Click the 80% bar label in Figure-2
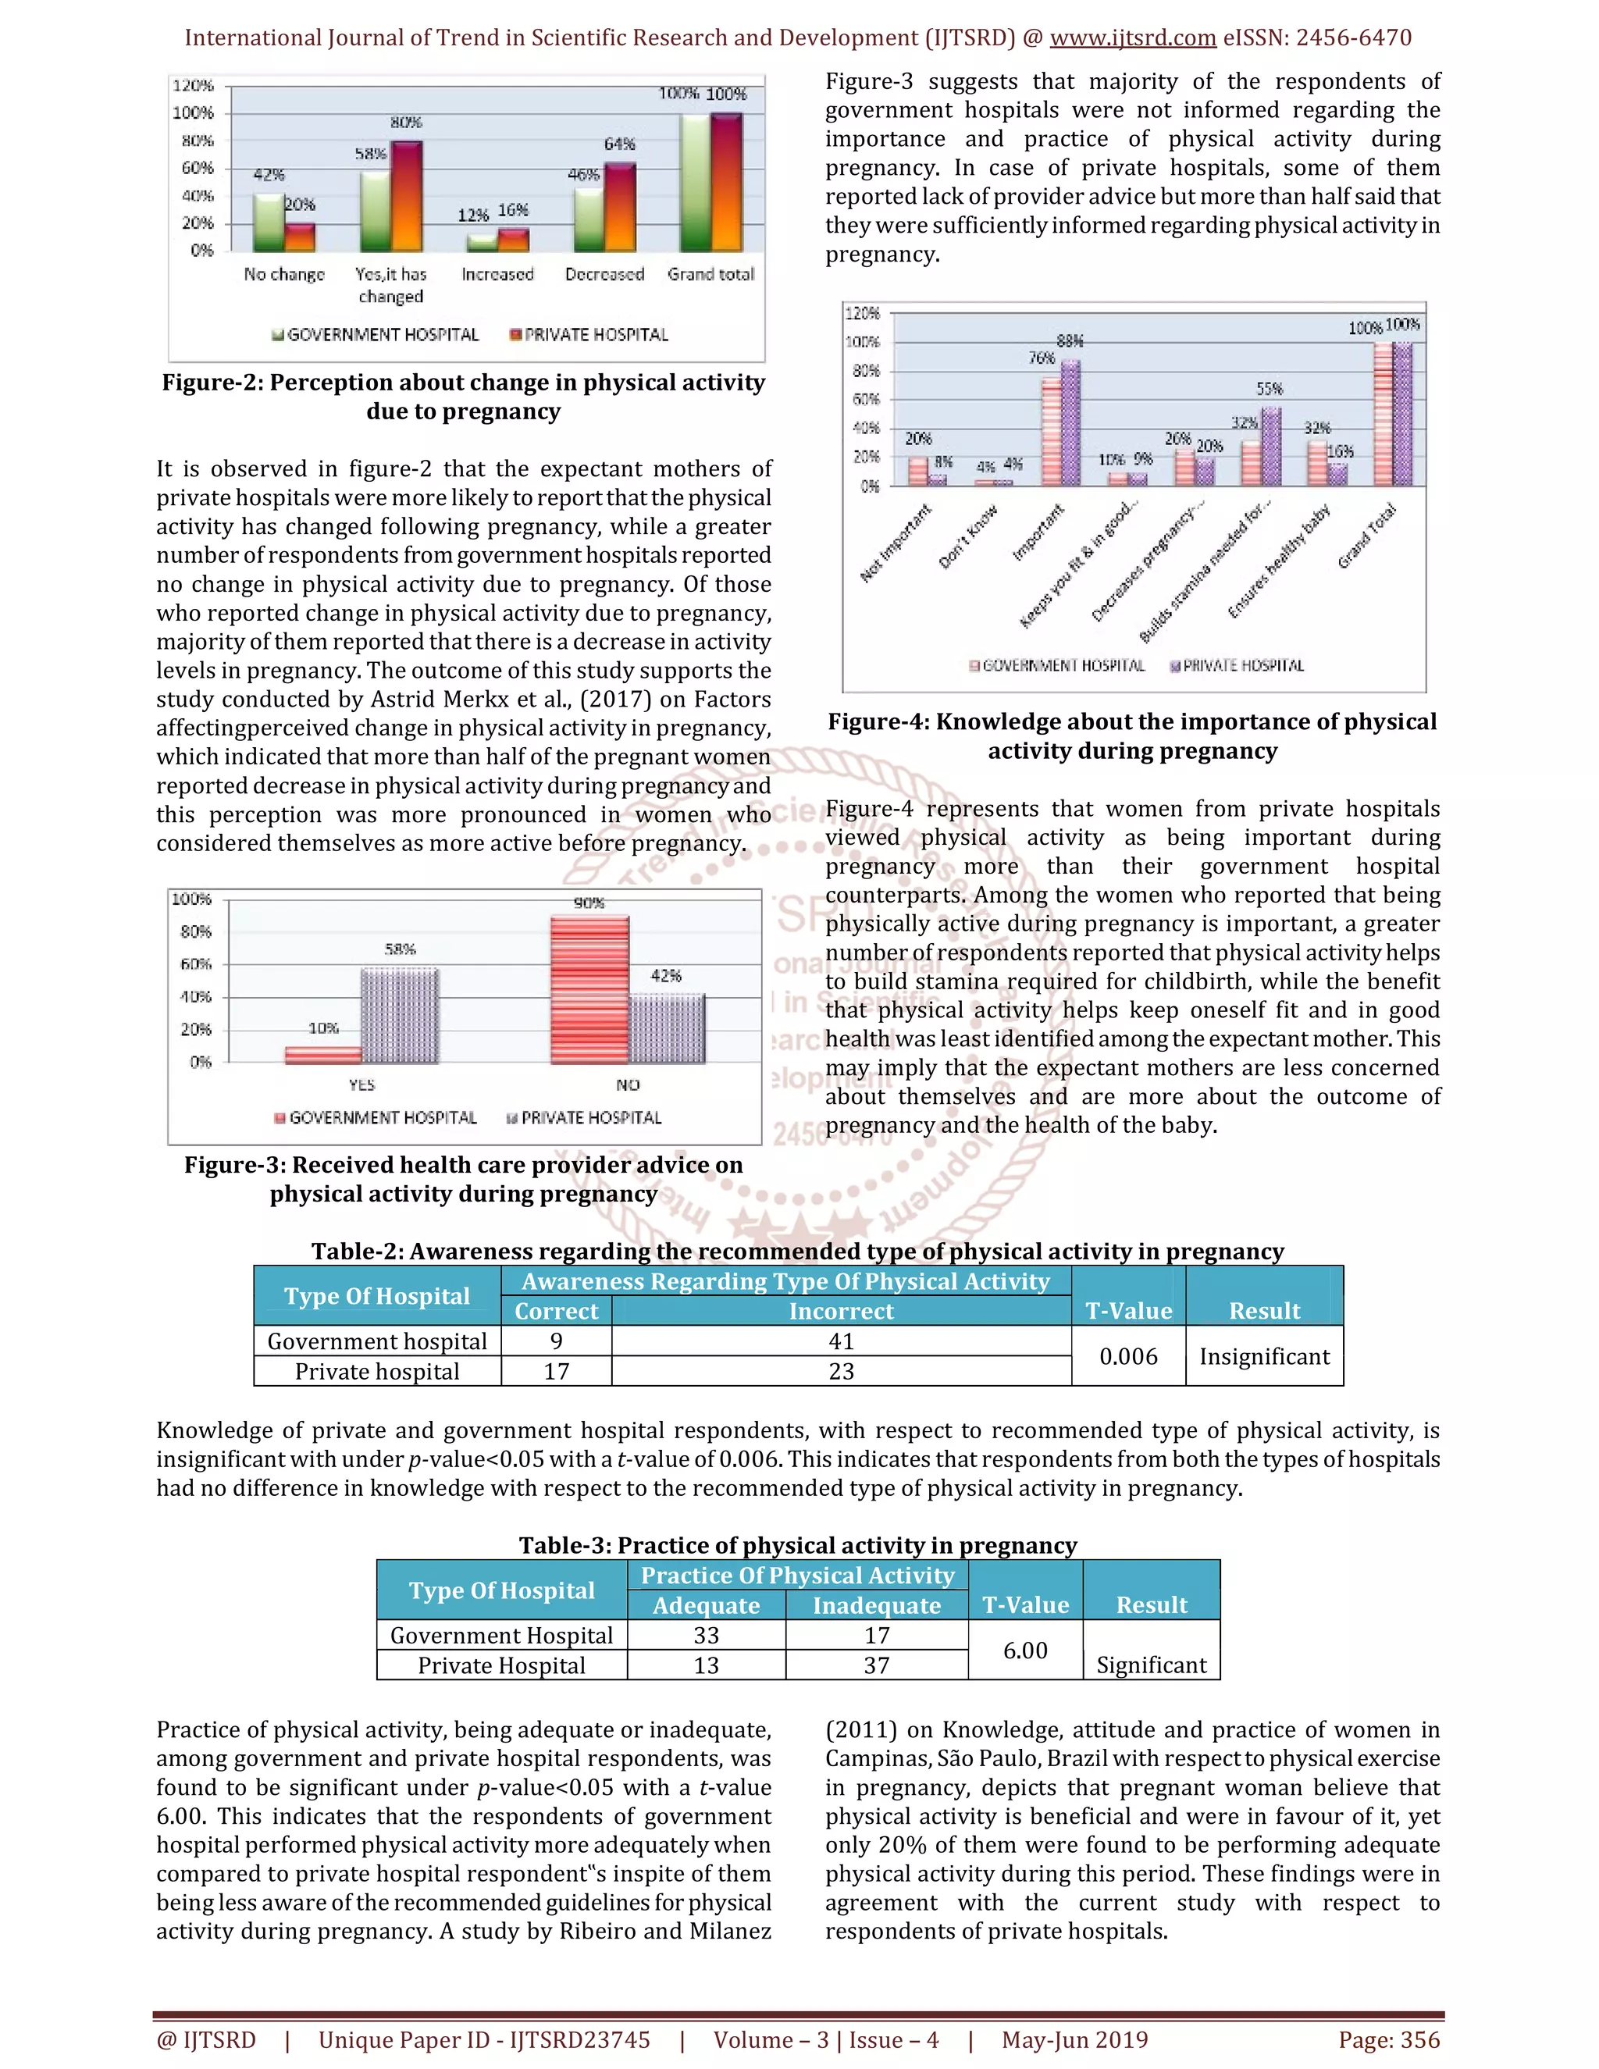coord(406,123)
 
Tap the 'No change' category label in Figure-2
coord(284,275)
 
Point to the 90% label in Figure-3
coord(589,903)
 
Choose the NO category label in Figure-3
coord(628,1084)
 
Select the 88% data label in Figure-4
coord(1070,341)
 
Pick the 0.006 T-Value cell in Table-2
coord(1128,1357)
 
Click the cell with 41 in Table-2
coord(841,1341)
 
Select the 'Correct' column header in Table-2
coord(556,1311)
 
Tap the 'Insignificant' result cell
coord(1264,1357)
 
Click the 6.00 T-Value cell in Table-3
coord(1025,1651)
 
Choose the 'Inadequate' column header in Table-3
coord(876,1606)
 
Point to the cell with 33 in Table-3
coord(706,1635)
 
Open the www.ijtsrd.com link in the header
coord(1133,38)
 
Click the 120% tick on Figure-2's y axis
coord(194,85)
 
